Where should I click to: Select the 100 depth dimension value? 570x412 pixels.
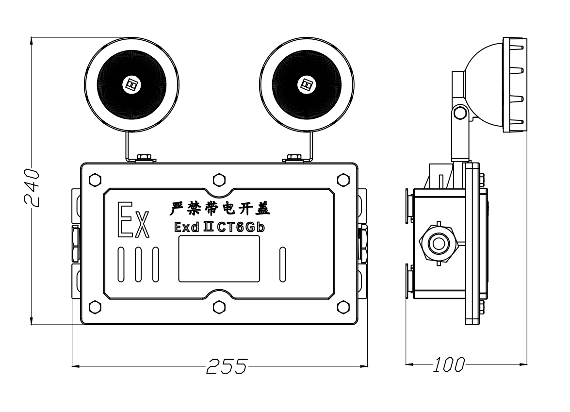click(449, 364)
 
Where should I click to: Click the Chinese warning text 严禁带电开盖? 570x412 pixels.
click(220, 209)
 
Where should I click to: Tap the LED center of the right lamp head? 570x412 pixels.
click(306, 83)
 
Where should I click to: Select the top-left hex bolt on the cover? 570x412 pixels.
click(95, 179)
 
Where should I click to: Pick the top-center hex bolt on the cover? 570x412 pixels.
click(219, 179)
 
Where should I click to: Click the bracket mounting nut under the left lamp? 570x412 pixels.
click(144, 157)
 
